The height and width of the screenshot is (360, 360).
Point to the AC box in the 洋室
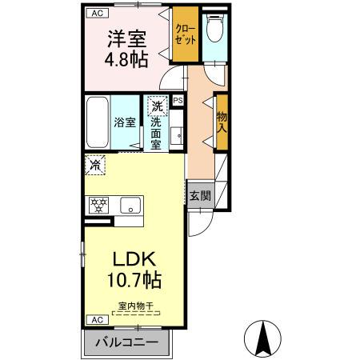coord(96,14)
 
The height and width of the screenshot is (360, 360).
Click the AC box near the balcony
coord(96,319)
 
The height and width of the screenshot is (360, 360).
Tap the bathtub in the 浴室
coord(97,121)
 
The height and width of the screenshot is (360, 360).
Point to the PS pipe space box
coord(178,101)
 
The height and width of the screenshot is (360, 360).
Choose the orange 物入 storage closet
coord(221,121)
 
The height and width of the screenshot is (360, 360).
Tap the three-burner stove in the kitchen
coord(99,205)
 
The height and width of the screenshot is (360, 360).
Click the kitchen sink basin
coord(129,206)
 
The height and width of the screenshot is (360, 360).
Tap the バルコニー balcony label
coord(127,342)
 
